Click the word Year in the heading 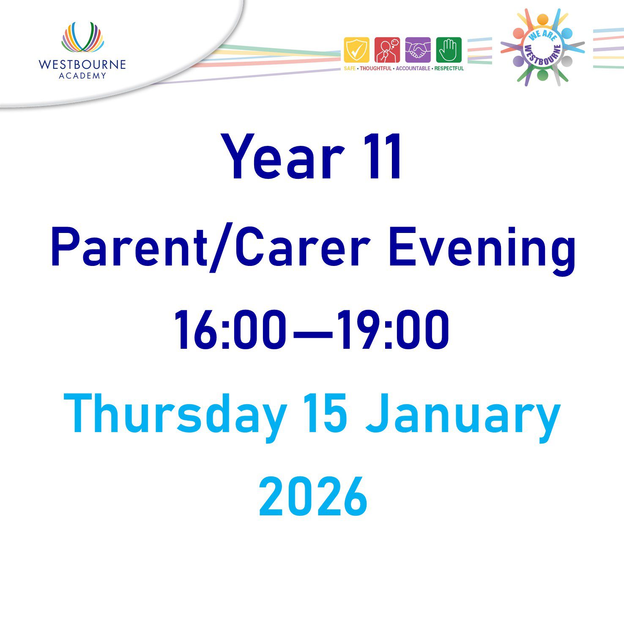(x=282, y=157)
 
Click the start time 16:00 (x=230, y=330)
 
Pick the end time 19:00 (x=393, y=330)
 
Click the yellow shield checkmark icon (x=356, y=50)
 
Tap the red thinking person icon (x=387, y=50)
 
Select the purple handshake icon (x=418, y=50)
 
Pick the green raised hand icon (x=449, y=50)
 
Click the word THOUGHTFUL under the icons (x=376, y=68)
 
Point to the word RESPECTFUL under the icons (x=449, y=68)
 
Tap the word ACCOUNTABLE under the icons (x=413, y=68)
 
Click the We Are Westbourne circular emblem (x=543, y=47)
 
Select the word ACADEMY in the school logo (x=82, y=76)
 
